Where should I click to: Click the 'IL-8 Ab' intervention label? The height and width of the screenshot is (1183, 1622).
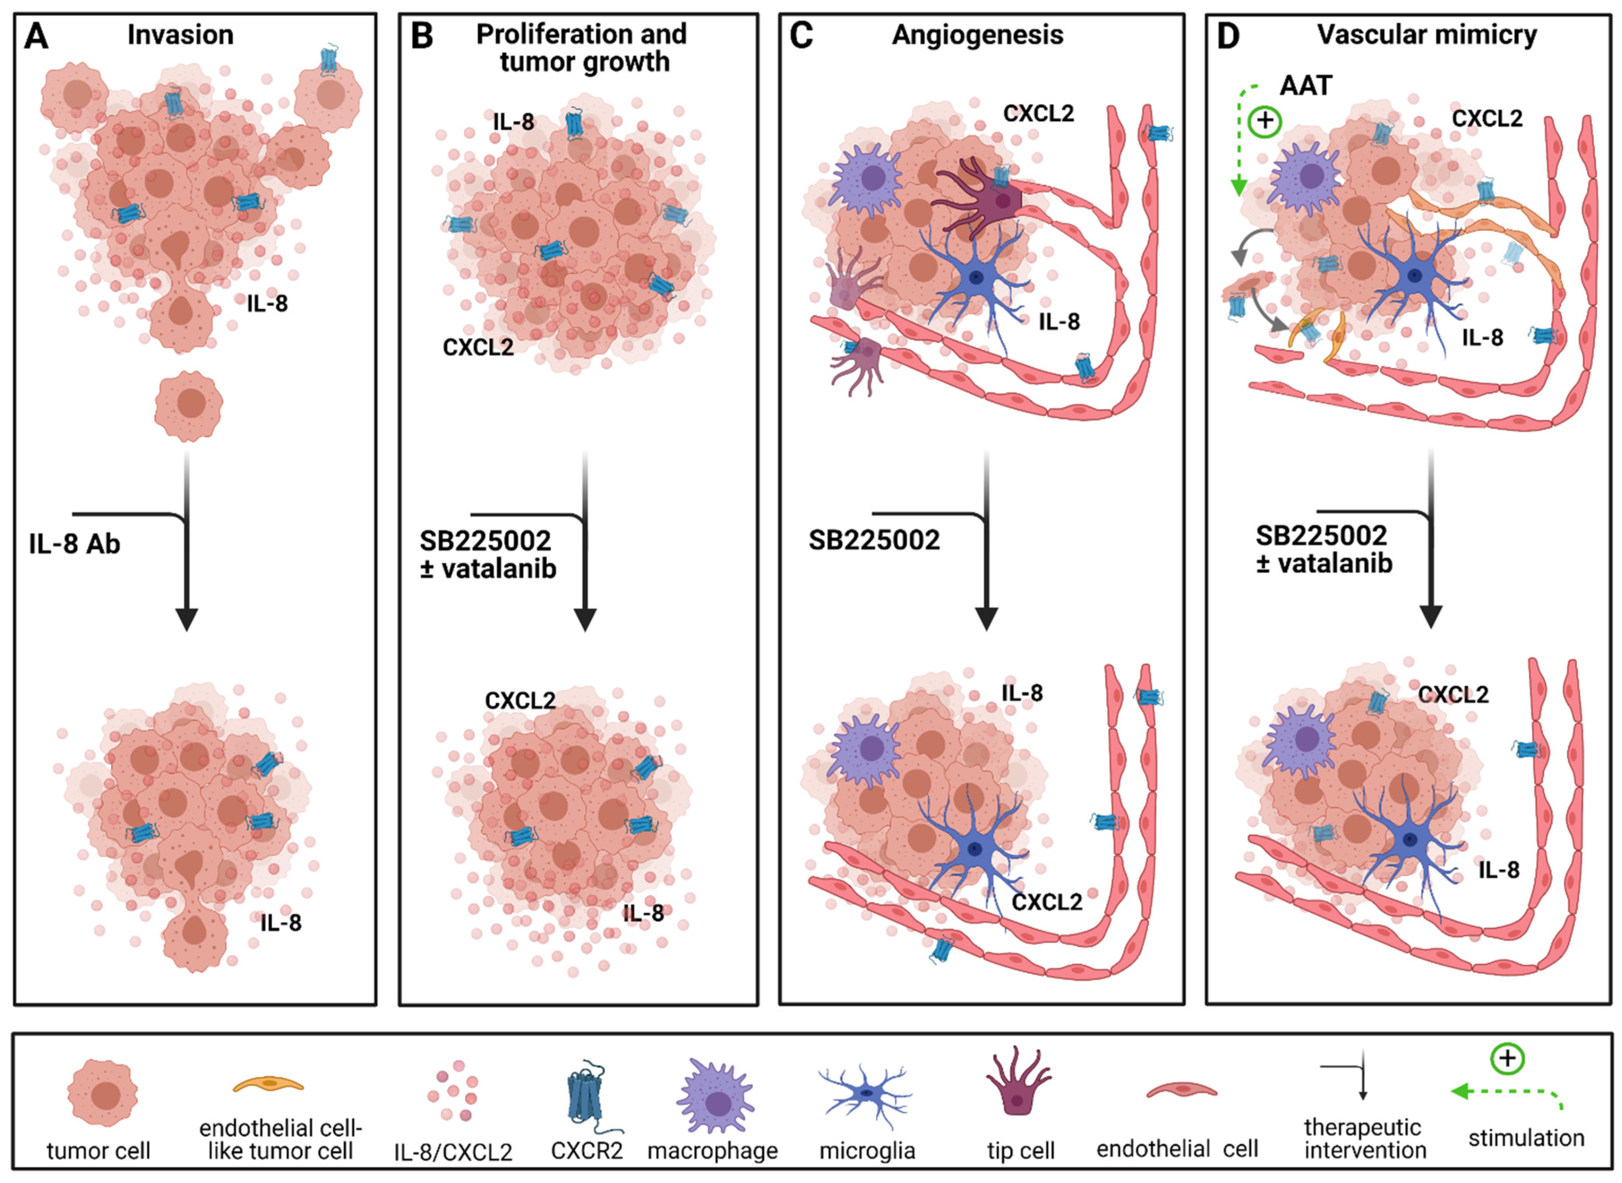coord(75,544)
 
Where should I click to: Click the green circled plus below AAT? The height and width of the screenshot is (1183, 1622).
coord(1265,121)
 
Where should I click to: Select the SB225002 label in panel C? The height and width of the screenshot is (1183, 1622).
coord(874,540)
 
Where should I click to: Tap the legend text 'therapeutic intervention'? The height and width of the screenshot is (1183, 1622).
coord(1365,1139)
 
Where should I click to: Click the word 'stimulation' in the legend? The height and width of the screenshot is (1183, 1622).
coord(1526,1138)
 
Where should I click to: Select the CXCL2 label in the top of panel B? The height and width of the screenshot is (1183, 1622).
coord(478,347)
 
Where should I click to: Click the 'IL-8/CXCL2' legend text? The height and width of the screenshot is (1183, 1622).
coord(453,1152)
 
